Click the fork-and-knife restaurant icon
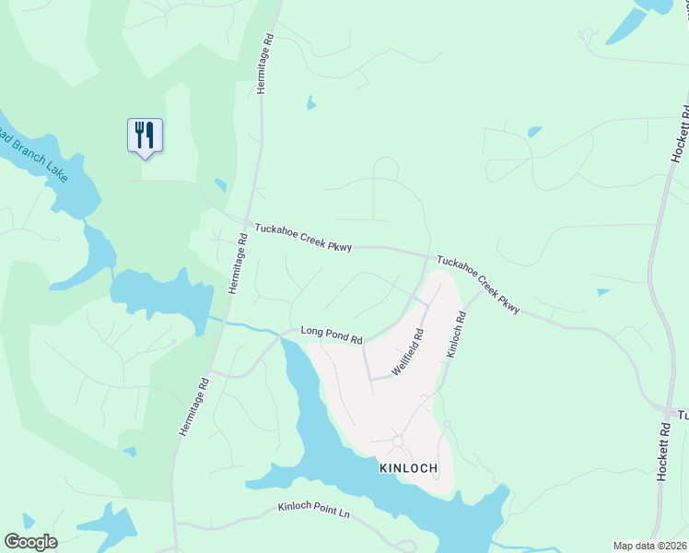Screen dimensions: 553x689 point(145,135)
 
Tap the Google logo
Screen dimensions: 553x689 point(30,542)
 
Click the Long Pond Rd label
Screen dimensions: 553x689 point(332,335)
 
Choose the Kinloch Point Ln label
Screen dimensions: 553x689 point(315,509)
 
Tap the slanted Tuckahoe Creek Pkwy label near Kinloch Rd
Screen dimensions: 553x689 point(478,285)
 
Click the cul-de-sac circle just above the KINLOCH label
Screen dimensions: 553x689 point(398,441)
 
